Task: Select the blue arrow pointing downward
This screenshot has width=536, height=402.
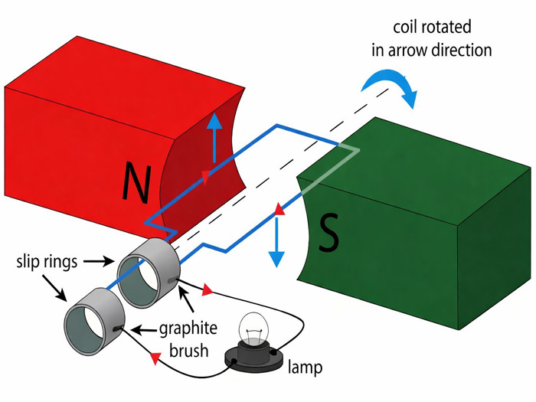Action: point(277,241)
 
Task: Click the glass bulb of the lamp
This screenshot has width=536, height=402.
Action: point(253,331)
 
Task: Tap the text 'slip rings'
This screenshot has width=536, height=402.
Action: point(47,262)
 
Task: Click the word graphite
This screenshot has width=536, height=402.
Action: point(188,329)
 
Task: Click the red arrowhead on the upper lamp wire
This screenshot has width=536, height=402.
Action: point(207,291)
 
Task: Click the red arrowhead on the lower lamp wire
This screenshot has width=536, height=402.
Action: point(155,358)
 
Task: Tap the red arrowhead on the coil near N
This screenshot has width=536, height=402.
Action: point(205,178)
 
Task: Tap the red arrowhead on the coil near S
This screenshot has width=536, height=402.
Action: point(279,209)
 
